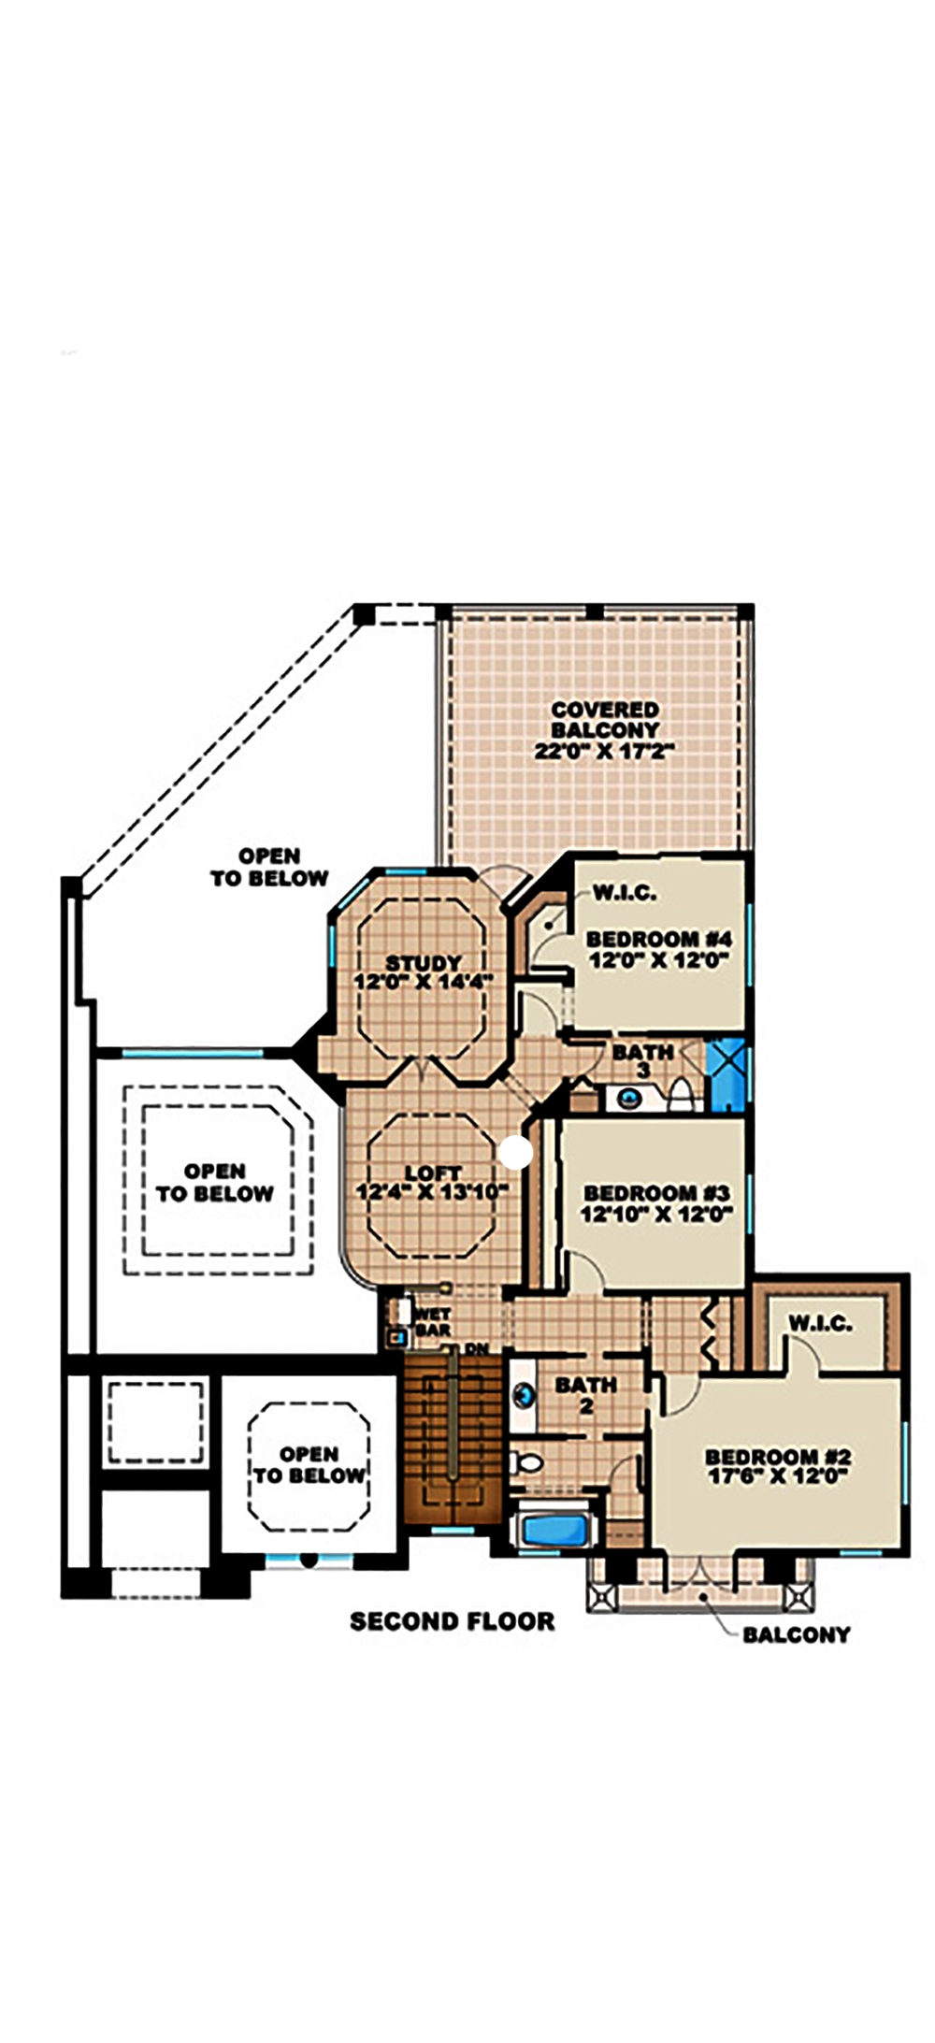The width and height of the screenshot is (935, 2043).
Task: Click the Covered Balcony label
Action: click(605, 730)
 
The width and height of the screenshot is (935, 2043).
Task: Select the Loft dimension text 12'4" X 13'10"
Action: click(432, 1192)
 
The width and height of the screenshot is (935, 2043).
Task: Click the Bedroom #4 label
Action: click(657, 939)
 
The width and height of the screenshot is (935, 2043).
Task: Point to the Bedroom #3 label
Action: click(655, 1194)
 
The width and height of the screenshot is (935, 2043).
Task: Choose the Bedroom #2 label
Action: click(777, 1457)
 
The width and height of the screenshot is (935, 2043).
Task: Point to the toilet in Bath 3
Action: click(681, 1093)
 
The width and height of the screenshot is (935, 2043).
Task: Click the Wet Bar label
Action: click(433, 1321)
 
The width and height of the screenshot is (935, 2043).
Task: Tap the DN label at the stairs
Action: click(476, 1349)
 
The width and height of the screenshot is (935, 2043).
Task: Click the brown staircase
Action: click(453, 1437)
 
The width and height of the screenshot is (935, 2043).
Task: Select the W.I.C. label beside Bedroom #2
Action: click(820, 1323)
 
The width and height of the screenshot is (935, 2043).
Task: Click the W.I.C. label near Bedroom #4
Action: click(625, 893)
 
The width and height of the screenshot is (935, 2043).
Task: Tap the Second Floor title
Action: click(453, 1621)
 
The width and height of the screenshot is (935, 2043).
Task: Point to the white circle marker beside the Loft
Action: click(515, 1153)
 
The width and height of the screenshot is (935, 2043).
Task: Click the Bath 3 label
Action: click(643, 1059)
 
